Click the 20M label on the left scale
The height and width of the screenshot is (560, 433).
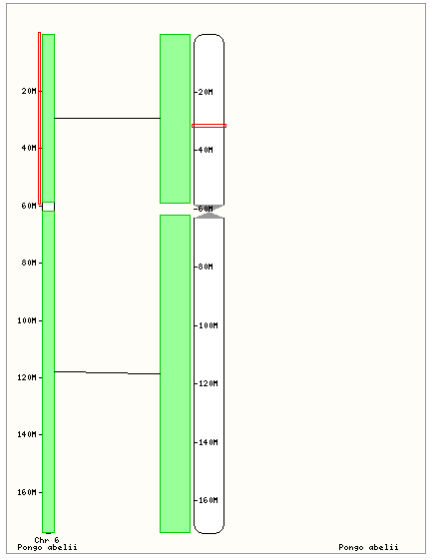(x=29, y=91)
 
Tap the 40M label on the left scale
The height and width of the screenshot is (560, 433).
(x=29, y=148)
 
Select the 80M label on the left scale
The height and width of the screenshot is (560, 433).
(x=29, y=263)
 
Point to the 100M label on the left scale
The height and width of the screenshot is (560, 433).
(x=27, y=320)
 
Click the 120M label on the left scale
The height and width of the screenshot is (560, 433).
(x=27, y=377)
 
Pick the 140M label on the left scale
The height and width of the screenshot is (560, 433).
(x=27, y=434)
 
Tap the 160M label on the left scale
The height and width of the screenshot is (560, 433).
(x=27, y=492)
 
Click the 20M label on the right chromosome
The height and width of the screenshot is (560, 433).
(x=206, y=92)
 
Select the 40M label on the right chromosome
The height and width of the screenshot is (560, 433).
(x=206, y=150)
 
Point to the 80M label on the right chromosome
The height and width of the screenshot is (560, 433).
(x=206, y=267)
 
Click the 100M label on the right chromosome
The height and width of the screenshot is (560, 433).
(x=208, y=325)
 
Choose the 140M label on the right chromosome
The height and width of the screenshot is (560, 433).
(x=208, y=442)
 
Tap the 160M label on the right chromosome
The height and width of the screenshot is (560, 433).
(x=208, y=500)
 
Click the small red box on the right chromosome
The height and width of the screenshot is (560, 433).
(x=209, y=125)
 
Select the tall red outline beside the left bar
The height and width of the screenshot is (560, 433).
(x=39, y=118)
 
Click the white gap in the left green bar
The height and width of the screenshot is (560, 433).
(x=48, y=207)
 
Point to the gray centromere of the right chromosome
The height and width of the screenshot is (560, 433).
(x=210, y=212)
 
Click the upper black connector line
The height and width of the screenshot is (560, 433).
(x=107, y=118)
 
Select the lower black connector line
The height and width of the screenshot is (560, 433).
(x=107, y=373)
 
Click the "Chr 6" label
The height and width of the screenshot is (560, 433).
(x=47, y=540)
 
